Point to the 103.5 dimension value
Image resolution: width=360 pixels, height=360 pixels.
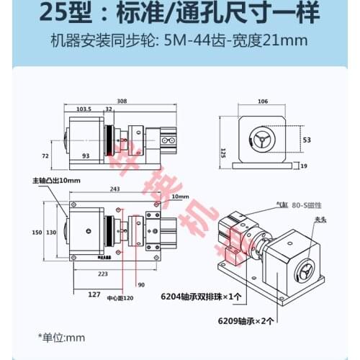click(x=84, y=110)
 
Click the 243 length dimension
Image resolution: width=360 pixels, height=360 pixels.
click(x=114, y=189)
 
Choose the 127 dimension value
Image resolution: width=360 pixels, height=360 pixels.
click(x=92, y=294)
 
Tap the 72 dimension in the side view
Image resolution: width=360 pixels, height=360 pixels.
click(x=44, y=155)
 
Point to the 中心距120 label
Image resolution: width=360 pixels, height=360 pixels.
click(x=119, y=298)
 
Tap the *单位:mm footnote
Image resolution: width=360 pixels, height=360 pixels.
click(x=61, y=336)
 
